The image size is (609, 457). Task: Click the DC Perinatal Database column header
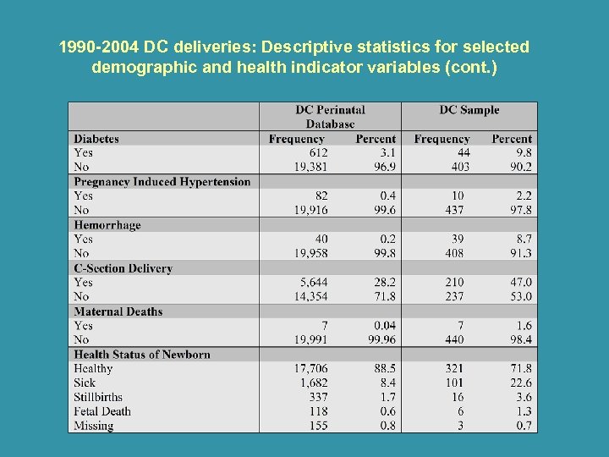point(330,117)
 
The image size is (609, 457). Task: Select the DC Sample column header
point(469,110)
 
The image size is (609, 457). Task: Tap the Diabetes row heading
point(96,139)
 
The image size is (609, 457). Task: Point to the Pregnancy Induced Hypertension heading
point(162,182)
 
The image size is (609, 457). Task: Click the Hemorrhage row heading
point(107,225)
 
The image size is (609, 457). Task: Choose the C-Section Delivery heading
point(123,268)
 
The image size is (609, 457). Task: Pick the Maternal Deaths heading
point(118,311)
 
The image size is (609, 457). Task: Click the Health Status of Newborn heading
point(141,355)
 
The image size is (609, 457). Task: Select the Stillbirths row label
point(98,397)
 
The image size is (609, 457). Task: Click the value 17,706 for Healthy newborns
point(310,369)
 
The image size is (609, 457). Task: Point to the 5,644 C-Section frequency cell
point(314,283)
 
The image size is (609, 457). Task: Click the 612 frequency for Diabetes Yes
point(318,153)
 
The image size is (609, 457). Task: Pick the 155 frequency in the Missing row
point(318,426)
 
